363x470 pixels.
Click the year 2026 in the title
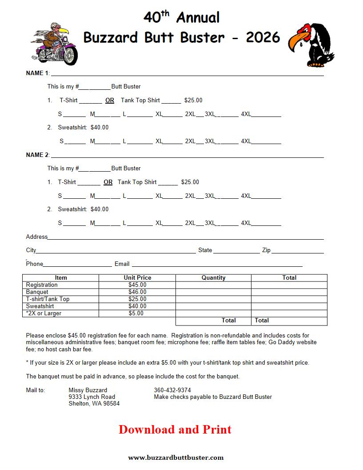[x=263, y=37]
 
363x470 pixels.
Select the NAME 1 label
[x=37, y=73]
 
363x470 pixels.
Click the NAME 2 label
[x=37, y=155]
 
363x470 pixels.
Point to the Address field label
[x=36, y=237]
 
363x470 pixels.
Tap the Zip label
[x=266, y=250]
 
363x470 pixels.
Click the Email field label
[x=122, y=264]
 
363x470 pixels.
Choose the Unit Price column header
[x=137, y=277]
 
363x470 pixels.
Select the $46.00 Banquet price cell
[x=137, y=292]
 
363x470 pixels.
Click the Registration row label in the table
[x=42, y=285]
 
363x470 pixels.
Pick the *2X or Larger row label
[x=44, y=313]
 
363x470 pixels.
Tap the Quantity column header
[x=213, y=277]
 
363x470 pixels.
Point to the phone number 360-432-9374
[x=172, y=390]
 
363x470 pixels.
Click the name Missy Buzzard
[x=88, y=390]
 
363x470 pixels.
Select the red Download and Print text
[x=175, y=430]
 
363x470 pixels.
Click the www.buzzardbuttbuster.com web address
[x=176, y=457]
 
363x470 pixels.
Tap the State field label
[x=205, y=250]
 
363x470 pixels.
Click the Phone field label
[x=34, y=264]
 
